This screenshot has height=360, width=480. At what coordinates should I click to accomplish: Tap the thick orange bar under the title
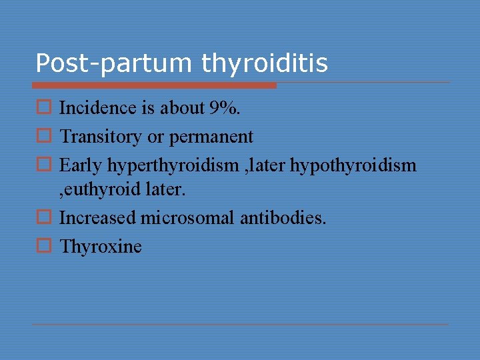pyautogui.click(x=154, y=85)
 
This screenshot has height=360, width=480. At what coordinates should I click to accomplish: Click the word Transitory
pyautogui.click(x=101, y=137)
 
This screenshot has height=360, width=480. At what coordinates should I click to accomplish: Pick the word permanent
pyautogui.click(x=211, y=137)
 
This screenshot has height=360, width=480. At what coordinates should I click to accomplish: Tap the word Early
pyautogui.click(x=81, y=165)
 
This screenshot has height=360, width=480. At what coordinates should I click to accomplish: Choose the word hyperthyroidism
pyautogui.click(x=173, y=165)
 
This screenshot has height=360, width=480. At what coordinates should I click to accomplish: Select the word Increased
pyautogui.click(x=99, y=217)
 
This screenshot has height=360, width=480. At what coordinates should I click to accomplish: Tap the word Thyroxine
pyautogui.click(x=101, y=246)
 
